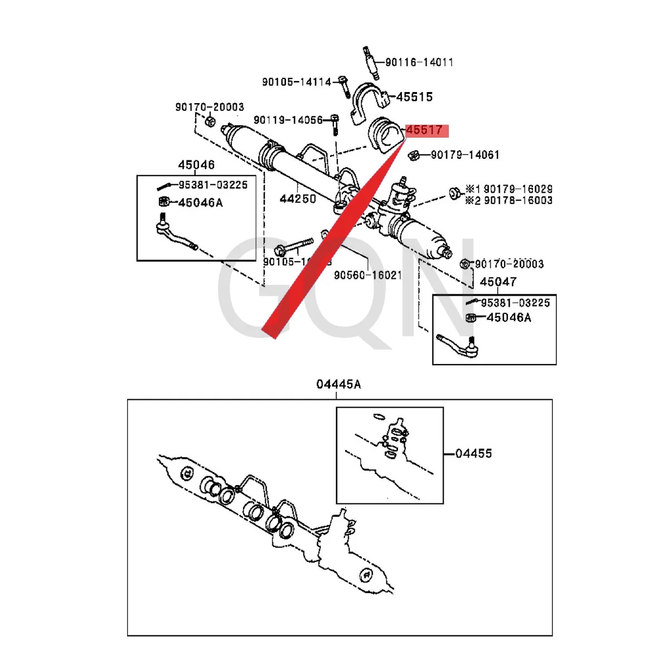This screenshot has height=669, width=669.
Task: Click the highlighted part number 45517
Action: click(425, 130)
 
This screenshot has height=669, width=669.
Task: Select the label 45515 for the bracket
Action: click(414, 97)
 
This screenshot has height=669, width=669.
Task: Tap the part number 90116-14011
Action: click(419, 62)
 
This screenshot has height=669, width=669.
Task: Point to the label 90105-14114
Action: click(297, 82)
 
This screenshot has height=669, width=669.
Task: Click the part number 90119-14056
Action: click(288, 120)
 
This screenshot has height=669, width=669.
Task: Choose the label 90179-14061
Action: click(465, 155)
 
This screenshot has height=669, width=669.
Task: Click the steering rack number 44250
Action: click(298, 199)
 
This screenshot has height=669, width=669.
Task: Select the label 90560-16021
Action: click(368, 275)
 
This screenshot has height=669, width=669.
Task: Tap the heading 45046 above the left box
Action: click(196, 165)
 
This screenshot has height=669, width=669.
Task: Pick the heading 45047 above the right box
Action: click(498, 282)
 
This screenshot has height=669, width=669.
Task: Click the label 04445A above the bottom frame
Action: click(338, 384)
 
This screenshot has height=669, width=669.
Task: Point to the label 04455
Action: click(473, 454)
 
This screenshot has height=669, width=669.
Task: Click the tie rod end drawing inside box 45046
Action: click(175, 235)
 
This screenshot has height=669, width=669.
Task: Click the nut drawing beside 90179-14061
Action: click(414, 155)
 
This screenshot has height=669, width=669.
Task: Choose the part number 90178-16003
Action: click(518, 201)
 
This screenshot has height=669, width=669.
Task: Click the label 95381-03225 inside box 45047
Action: click(515, 303)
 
